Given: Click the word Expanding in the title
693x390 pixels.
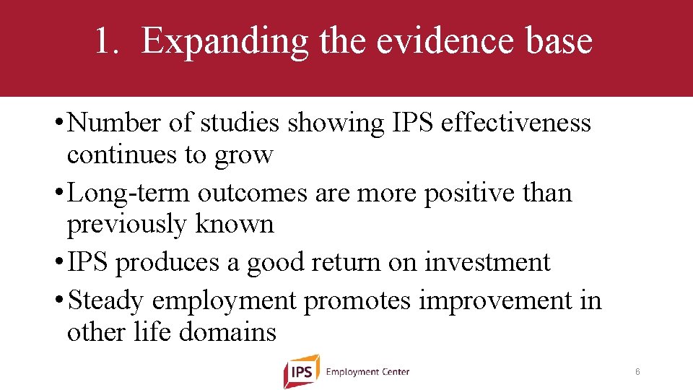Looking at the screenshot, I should point(224,41).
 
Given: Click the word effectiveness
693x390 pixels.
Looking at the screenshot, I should point(515,123).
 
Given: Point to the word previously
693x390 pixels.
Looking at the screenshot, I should point(127,225).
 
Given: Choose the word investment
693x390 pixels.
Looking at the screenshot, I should point(487,261).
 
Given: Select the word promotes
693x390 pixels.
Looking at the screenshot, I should point(357,300).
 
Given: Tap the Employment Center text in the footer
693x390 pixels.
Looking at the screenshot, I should point(367,372).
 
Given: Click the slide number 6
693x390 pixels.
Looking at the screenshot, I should point(637,372).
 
